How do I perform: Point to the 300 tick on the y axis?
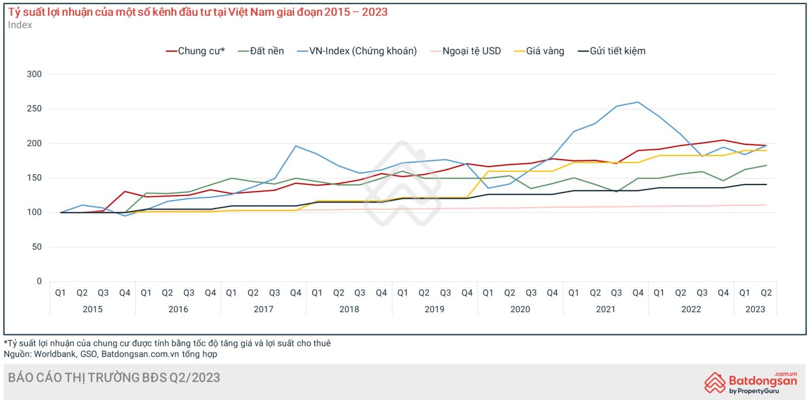34,74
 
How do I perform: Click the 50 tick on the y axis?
37,247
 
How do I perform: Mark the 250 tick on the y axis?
34,109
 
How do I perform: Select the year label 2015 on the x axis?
92,309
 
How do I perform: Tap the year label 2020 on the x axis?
520,309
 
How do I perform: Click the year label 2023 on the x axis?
755,309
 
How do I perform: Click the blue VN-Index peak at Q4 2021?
638,102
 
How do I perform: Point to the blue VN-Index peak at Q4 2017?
296,146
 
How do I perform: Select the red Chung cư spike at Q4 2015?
125,191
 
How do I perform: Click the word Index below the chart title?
20,25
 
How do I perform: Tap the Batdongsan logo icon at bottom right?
715,382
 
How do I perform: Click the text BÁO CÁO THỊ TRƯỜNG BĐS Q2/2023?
114,378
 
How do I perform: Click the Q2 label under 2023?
766,293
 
